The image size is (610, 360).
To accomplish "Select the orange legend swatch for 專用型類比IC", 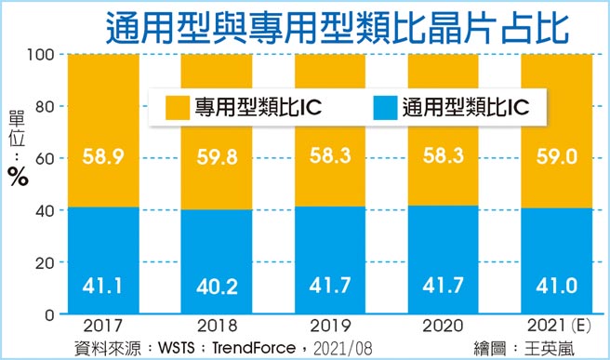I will click(x=173, y=107).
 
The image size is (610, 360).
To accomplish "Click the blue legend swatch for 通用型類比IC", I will click(x=383, y=107).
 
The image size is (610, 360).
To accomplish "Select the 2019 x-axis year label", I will click(x=329, y=329).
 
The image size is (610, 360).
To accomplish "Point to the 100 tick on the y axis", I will click(x=43, y=56).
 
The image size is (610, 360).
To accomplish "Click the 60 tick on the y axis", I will click(x=46, y=159).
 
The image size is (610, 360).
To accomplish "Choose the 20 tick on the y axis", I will click(x=46, y=263).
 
